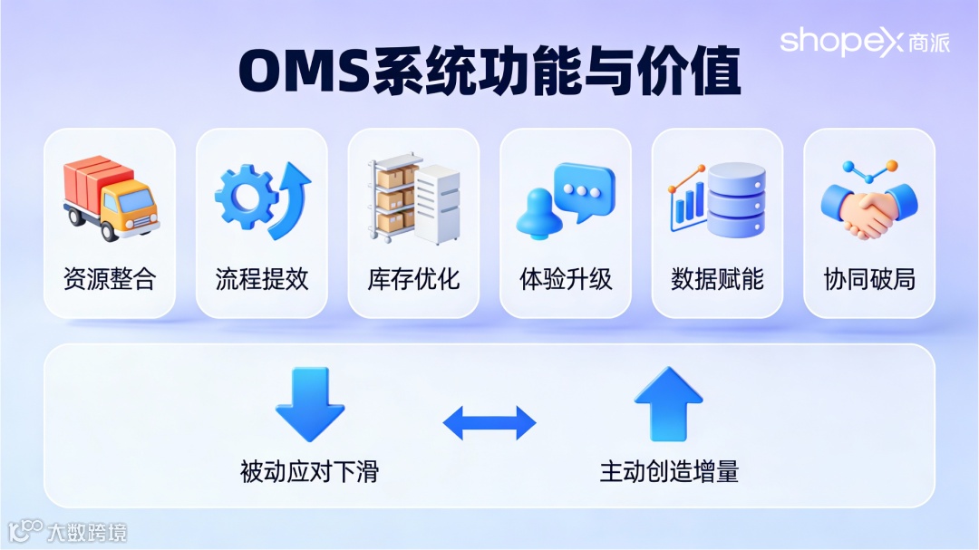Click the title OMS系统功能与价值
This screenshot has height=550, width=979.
[x=489, y=72]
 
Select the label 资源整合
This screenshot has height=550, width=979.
[x=110, y=278]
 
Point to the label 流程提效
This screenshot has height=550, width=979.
[x=262, y=278]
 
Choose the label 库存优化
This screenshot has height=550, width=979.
[x=414, y=278]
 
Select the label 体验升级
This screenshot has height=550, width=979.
[x=566, y=278]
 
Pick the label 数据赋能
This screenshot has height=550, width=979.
[x=718, y=278]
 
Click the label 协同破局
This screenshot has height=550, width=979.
[x=869, y=278]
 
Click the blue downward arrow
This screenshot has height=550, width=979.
[x=310, y=403]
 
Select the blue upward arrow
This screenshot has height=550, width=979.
[x=669, y=403]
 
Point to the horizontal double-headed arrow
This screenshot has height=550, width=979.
[x=489, y=422]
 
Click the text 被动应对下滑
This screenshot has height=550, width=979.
[x=309, y=471]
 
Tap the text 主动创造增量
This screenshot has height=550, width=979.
[x=669, y=471]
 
